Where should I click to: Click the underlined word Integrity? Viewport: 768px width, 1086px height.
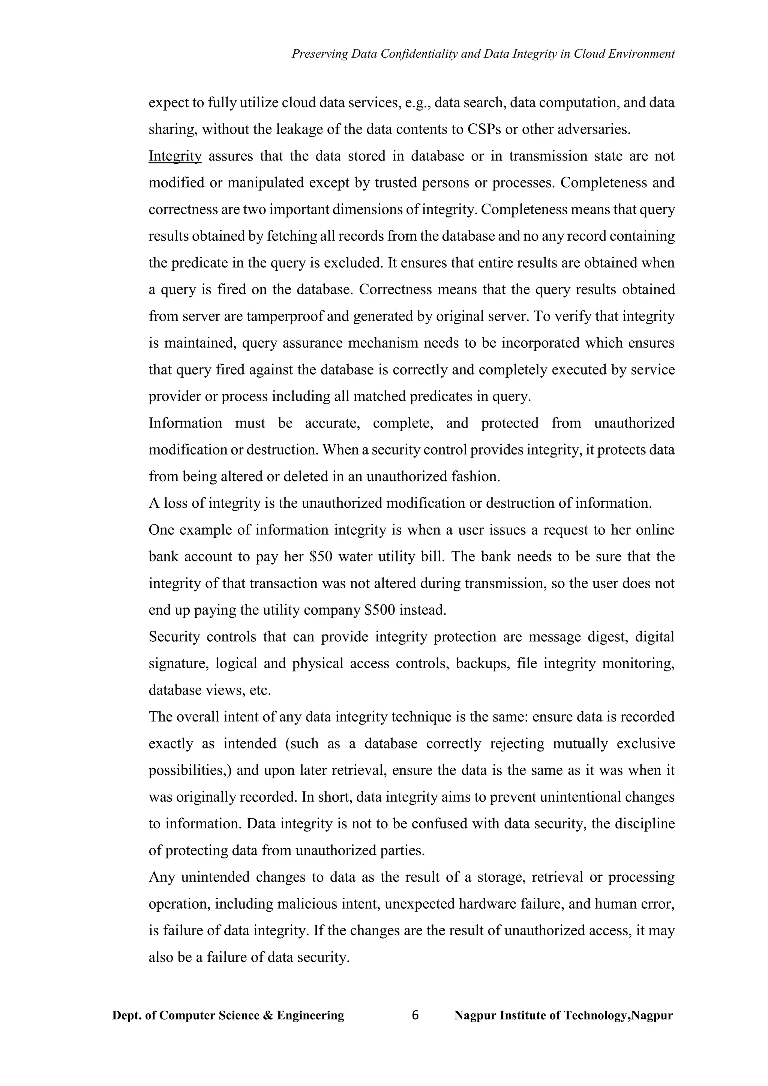175,156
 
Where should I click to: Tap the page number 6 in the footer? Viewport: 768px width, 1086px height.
415,1015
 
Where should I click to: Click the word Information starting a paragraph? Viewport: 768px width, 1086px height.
185,423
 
